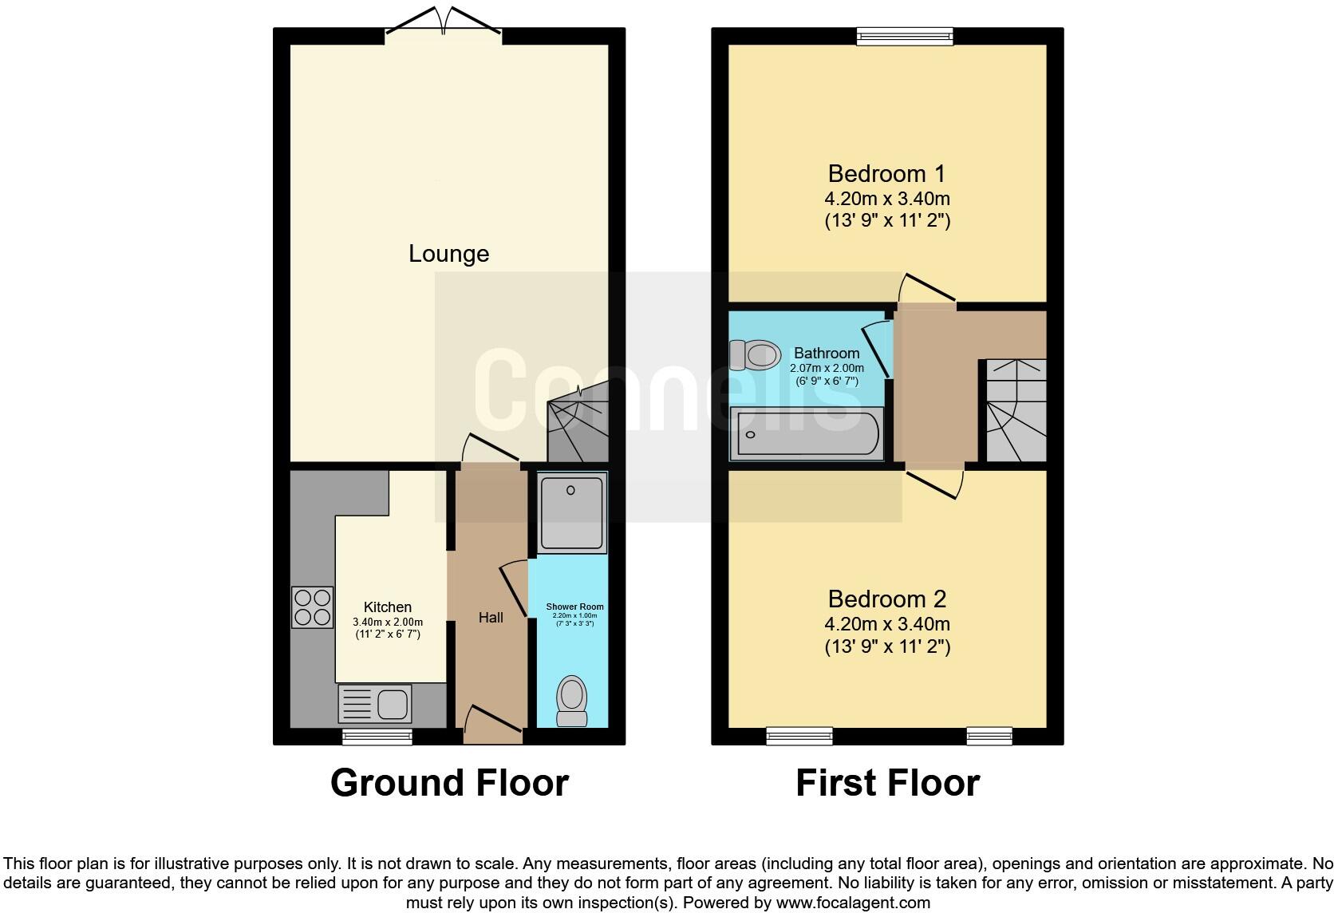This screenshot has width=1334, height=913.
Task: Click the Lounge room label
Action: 448,254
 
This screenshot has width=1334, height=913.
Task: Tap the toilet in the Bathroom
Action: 755,354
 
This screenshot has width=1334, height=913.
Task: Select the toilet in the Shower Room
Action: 571,701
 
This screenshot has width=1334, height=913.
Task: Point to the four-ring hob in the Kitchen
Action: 312,607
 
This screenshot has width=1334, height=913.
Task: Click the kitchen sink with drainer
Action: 376,704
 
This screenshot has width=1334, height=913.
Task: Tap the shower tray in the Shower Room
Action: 572,512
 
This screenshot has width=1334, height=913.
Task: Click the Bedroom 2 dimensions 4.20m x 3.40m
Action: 887,624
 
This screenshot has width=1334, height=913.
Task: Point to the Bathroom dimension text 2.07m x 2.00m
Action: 827,368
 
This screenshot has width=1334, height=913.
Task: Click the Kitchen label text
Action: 388,607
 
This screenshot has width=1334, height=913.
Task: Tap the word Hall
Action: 491,617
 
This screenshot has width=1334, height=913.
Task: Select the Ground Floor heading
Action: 449,783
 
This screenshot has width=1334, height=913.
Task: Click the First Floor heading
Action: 887,783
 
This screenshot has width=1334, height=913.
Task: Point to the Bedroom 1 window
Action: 905,35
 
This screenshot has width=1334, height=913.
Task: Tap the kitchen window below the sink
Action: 377,737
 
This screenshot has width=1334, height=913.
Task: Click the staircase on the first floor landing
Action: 1016,411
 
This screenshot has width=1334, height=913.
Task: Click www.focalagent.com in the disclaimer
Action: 853,903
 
